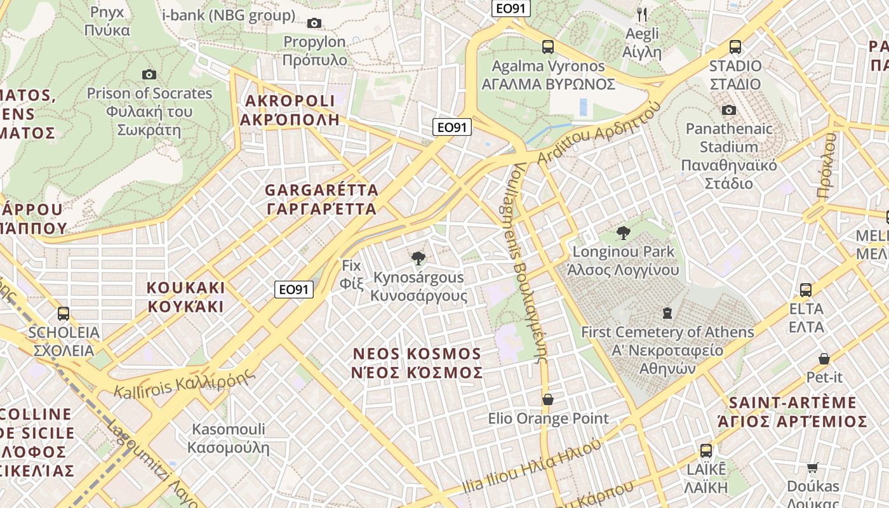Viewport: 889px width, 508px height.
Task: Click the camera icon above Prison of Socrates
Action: coord(149,75)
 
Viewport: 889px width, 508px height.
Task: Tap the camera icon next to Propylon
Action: coord(314,23)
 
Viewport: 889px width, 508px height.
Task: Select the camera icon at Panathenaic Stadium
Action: coord(729,110)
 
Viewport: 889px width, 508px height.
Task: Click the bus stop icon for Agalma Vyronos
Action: coord(548,47)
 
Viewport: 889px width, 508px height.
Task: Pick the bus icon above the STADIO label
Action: coord(735,47)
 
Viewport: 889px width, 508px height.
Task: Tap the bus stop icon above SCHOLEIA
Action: coord(63,313)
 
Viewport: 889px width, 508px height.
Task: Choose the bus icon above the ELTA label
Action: coord(806,290)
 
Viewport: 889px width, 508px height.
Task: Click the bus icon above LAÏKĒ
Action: coord(706,451)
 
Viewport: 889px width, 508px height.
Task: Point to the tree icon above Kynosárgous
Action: coord(418,258)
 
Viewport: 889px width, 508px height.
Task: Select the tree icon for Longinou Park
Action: coord(623,233)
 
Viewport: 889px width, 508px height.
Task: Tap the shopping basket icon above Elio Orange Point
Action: coord(548,399)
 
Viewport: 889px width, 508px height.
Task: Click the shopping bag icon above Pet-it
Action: coord(824,359)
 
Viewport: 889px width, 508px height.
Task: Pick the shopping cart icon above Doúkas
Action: coord(812,468)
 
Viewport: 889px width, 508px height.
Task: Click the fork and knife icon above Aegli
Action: coord(642,14)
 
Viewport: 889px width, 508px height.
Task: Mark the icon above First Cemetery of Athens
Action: coord(667,313)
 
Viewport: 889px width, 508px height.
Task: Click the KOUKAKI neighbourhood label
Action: coord(186,297)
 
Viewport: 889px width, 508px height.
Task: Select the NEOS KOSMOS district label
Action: coord(417,363)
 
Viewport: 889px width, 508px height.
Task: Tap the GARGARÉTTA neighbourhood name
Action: coord(321,199)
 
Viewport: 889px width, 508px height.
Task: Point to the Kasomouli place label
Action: coord(229,438)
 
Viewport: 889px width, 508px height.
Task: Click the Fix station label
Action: coord(351,274)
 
